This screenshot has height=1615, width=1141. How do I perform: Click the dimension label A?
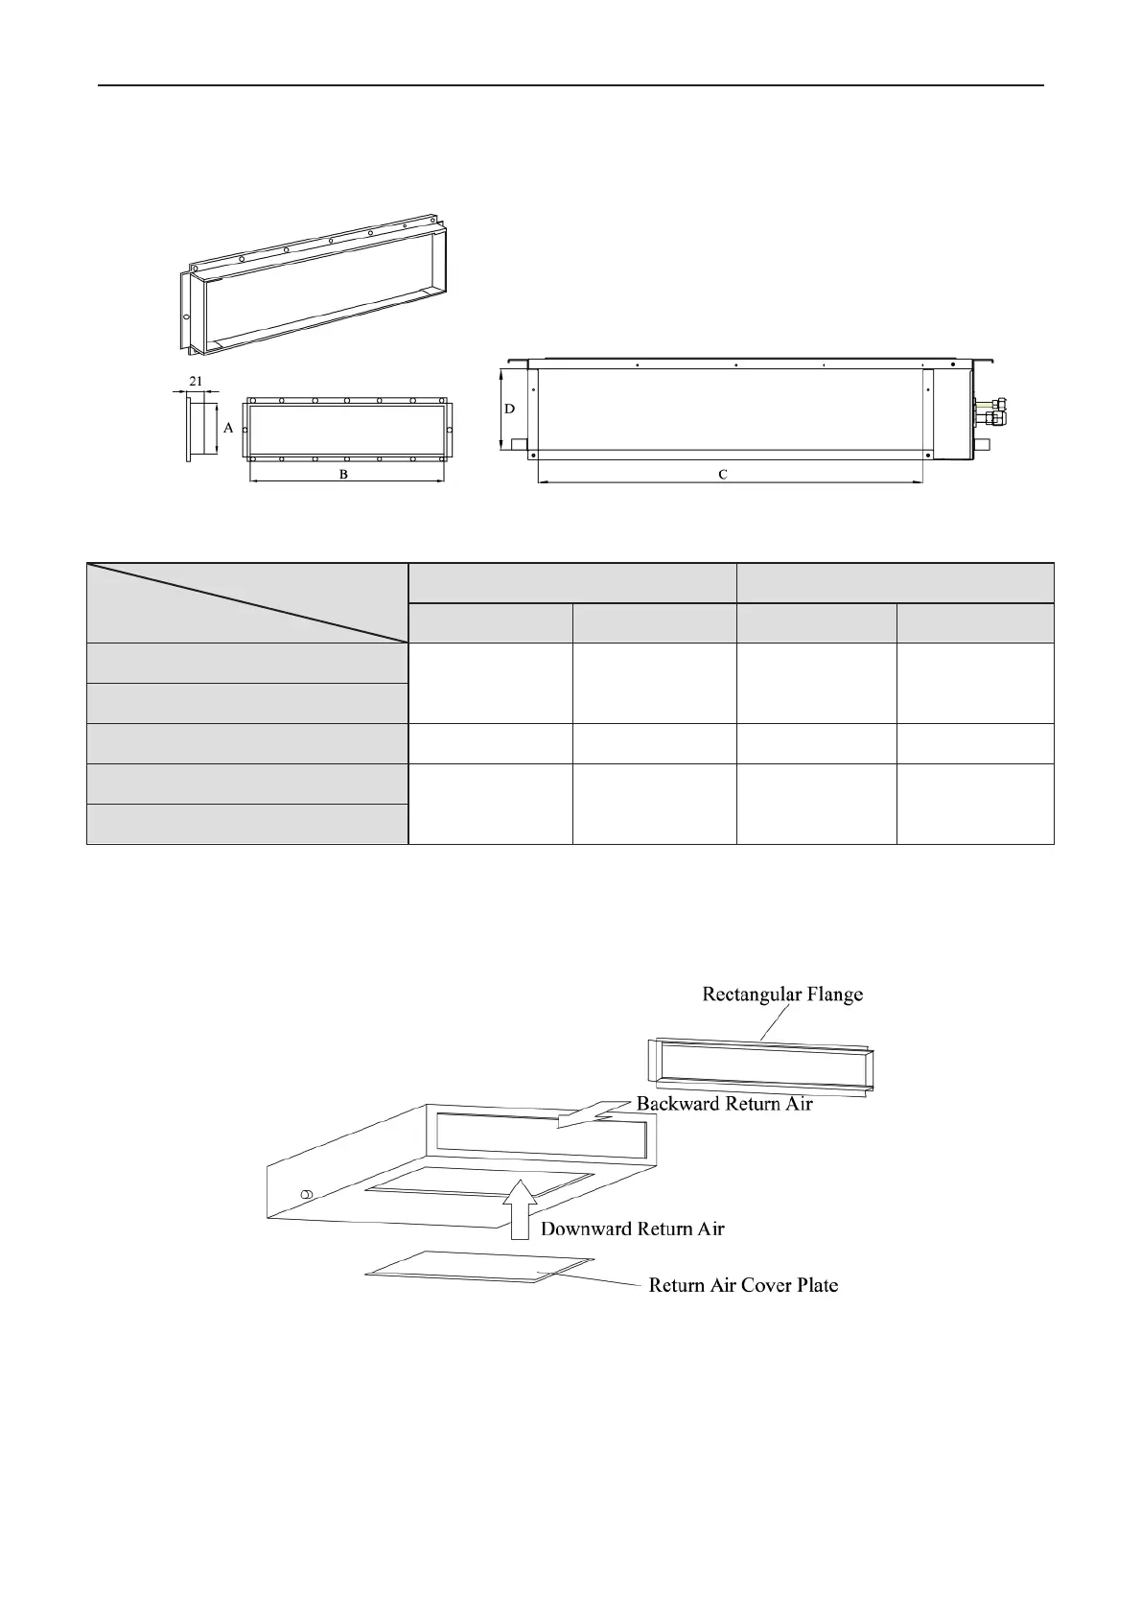click(228, 429)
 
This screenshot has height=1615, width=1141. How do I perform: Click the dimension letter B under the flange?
click(344, 475)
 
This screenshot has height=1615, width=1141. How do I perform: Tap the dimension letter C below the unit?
click(723, 475)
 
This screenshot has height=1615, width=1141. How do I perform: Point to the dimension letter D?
click(510, 409)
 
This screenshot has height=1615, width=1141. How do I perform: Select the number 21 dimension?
click(196, 381)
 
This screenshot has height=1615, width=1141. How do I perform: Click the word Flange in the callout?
click(837, 995)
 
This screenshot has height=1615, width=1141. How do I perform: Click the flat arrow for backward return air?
click(594, 1113)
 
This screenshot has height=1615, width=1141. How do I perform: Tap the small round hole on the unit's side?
click(307, 1194)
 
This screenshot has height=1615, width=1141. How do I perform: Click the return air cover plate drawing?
click(479, 1267)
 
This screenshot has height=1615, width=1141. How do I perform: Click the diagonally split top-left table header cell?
click(247, 602)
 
